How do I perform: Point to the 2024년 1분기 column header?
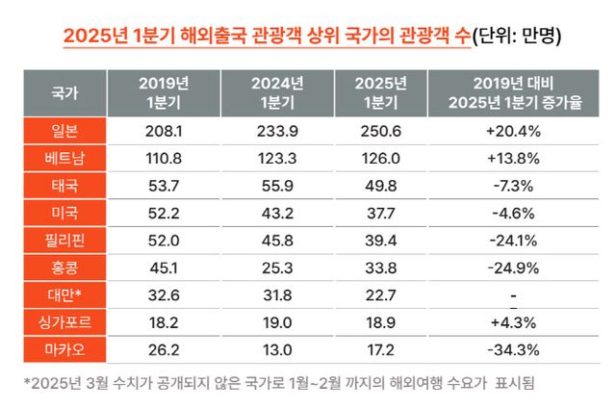click(x=276, y=93)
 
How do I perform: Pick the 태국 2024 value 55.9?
click(x=276, y=184)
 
